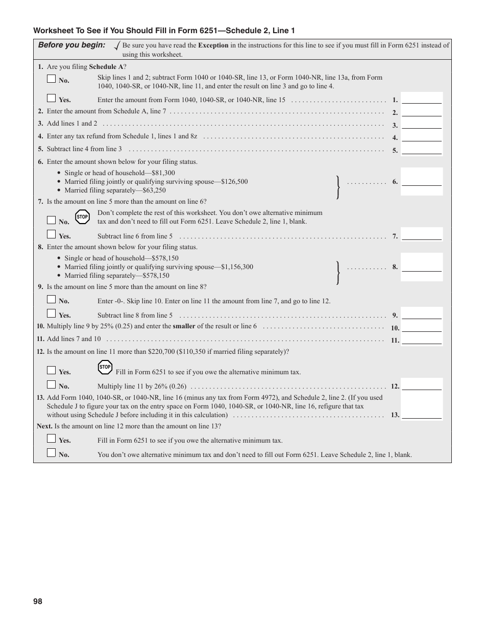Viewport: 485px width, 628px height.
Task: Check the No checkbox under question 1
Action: click(x=51, y=79)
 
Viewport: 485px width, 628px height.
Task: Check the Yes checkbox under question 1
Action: click(x=51, y=99)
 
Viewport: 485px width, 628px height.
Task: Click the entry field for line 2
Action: click(x=422, y=112)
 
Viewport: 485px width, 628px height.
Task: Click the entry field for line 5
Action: click(x=422, y=150)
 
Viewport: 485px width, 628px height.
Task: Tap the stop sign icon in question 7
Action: click(x=82, y=217)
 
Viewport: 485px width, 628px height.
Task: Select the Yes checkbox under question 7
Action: click(x=51, y=235)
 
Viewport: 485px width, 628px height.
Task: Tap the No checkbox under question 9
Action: click(x=51, y=300)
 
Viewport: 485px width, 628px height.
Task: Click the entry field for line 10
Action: click(x=422, y=327)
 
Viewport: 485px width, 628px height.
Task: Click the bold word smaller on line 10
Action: click(x=184, y=326)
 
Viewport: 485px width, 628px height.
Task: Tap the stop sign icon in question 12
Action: click(x=105, y=367)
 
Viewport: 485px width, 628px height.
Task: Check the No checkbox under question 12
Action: click(x=51, y=385)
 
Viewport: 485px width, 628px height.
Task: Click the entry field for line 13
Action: click(x=422, y=414)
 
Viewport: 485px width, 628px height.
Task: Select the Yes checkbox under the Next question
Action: click(x=51, y=439)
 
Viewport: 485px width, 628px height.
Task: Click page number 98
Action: click(x=38, y=601)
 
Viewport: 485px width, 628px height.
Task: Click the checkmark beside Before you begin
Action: click(x=117, y=46)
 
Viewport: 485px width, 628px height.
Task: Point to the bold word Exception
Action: click(x=213, y=45)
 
